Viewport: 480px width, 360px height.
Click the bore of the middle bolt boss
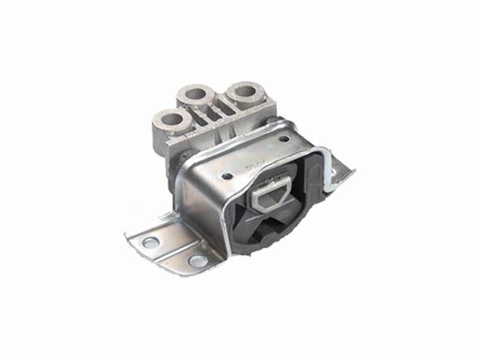[196, 94]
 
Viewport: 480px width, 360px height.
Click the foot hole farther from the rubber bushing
[151, 242]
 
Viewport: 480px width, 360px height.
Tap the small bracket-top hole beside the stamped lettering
[227, 176]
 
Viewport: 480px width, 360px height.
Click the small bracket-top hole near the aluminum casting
[283, 139]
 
